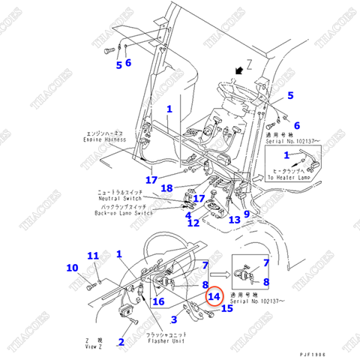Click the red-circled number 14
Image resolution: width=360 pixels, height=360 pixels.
coord(214,296)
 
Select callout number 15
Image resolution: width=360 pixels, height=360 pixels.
coord(226,308)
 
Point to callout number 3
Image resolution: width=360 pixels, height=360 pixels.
coord(188,215)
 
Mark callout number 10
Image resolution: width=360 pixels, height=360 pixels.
coord(92,256)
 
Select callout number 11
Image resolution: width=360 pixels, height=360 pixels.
coord(193,223)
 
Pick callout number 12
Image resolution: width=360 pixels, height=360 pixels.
coord(235,219)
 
